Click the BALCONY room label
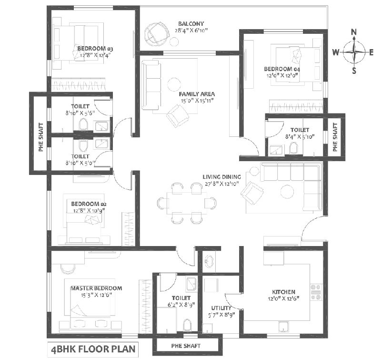pos(191,24)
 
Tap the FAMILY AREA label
pos(197,94)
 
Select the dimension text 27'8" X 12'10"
pos(221,184)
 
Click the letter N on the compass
pos(354,32)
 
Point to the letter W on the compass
pos(336,52)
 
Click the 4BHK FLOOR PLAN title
pos(93,349)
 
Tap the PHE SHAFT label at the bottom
pos(186,346)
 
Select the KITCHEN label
pos(283,292)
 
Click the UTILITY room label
pos(221,308)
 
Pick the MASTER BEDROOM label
pos(96,288)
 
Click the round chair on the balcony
pos(156,34)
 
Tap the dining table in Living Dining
pos(187,203)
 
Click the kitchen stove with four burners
pos(316,292)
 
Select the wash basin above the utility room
pos(209,261)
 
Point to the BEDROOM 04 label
pos(282,69)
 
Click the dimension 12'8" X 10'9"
pos(89,210)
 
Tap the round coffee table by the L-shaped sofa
pos(287,192)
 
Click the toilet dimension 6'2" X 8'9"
pos(181,305)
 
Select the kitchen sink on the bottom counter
pos(283,327)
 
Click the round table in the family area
pos(174,84)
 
